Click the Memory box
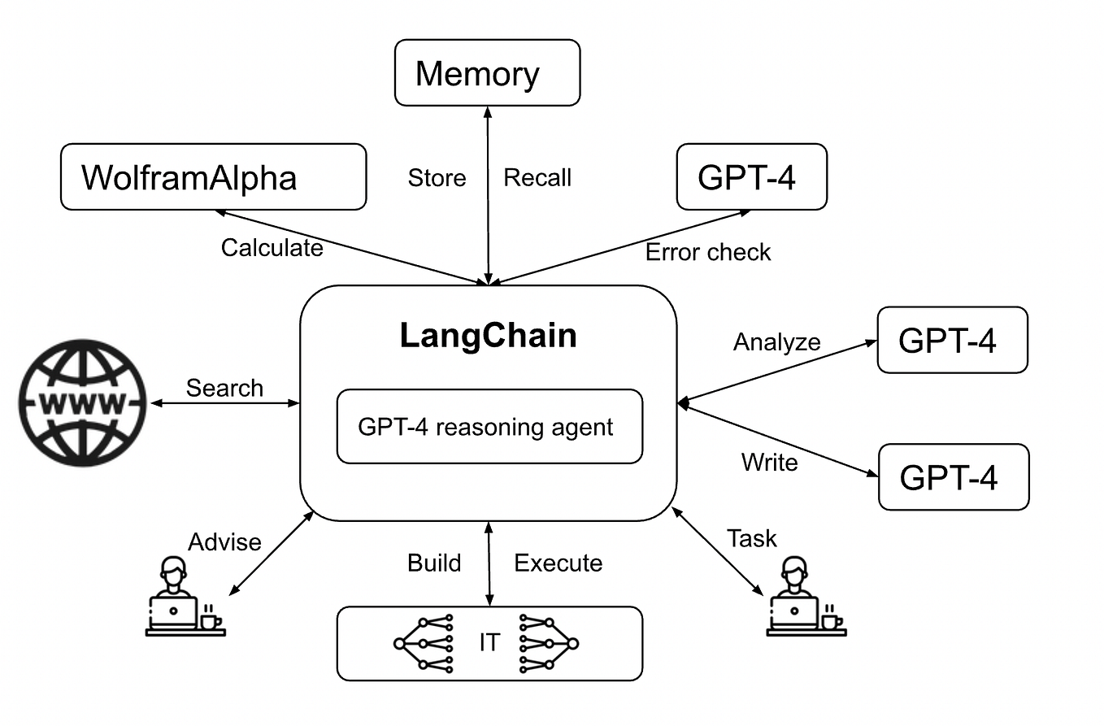[487, 73]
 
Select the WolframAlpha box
[213, 177]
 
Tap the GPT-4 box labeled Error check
[751, 177]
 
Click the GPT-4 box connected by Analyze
[952, 340]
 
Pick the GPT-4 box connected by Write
[953, 477]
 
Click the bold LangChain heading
[488, 336]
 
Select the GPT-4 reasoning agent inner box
[489, 427]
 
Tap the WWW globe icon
[83, 402]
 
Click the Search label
[224, 388]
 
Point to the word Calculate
[272, 247]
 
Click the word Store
[437, 178]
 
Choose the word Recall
[537, 178]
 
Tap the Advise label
[224, 542]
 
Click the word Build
[434, 563]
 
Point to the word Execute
[559, 563]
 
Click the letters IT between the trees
[489, 643]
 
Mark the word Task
[751, 538]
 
